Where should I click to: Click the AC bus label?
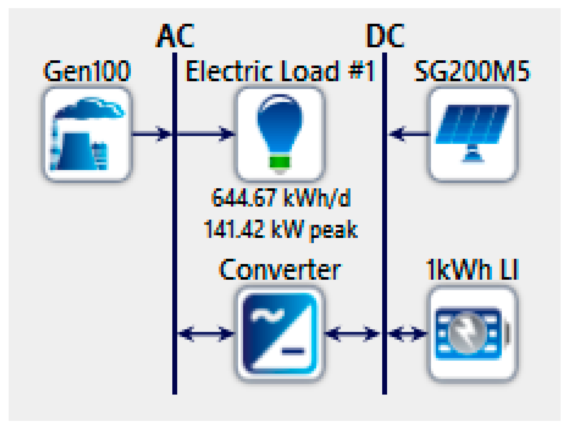175,36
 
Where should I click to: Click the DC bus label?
385,36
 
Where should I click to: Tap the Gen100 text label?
87,71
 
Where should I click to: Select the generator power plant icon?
87,134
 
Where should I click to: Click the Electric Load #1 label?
280,71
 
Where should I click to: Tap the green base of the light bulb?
280,162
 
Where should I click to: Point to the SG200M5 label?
472,71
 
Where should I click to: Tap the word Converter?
280,269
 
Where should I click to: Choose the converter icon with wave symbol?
280,333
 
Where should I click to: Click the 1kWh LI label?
472,269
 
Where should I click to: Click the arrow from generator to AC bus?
152,134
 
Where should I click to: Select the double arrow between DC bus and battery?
407,333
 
